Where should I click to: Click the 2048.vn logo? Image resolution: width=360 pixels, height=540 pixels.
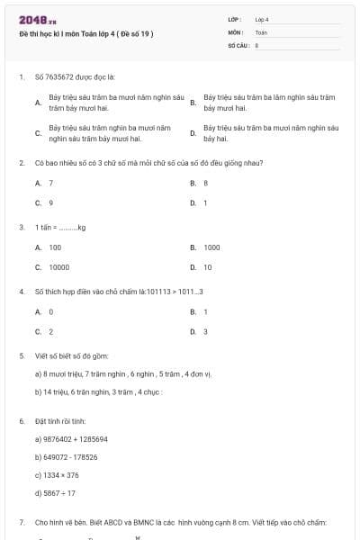click(32, 21)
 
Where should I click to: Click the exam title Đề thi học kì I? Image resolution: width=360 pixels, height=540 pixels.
click(86, 34)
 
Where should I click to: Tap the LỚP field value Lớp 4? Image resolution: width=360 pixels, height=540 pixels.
click(262, 19)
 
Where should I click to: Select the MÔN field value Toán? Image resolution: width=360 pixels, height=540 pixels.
click(261, 31)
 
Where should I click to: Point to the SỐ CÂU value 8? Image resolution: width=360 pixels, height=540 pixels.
click(257, 44)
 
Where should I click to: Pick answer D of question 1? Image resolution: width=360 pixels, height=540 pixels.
click(270, 133)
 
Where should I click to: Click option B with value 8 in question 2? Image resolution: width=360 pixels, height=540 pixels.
click(205, 183)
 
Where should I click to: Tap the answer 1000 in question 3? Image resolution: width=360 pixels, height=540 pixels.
click(211, 247)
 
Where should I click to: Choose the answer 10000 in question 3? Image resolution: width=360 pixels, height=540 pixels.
click(58, 267)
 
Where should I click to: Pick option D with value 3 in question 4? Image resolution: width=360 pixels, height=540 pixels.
click(205, 331)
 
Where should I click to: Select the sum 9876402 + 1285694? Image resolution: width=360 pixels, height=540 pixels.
click(71, 439)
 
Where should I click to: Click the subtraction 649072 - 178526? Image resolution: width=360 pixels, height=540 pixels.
click(66, 457)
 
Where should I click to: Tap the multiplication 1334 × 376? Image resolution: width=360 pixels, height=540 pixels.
click(57, 474)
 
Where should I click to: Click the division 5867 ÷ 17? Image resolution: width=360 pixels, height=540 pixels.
click(55, 492)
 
